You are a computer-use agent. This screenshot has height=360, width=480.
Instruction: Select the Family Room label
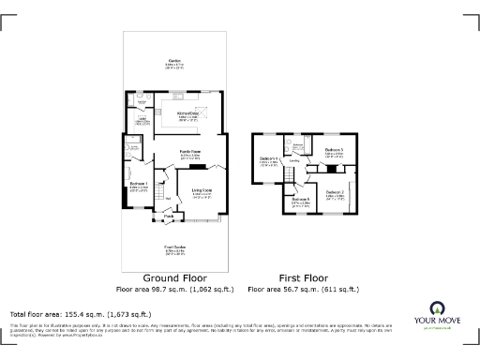[x=191, y=153]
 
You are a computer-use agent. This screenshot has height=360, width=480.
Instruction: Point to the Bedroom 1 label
[x=140, y=184]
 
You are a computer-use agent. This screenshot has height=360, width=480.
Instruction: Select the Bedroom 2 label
[x=336, y=192]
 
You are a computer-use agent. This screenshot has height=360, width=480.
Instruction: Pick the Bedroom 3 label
[x=335, y=151]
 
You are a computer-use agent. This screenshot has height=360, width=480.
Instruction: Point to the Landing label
[x=294, y=162]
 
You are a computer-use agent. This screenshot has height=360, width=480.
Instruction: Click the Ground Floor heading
[x=173, y=278]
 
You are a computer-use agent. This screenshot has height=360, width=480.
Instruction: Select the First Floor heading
[x=305, y=278]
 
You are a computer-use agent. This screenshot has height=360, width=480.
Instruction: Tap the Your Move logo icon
[x=436, y=307]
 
